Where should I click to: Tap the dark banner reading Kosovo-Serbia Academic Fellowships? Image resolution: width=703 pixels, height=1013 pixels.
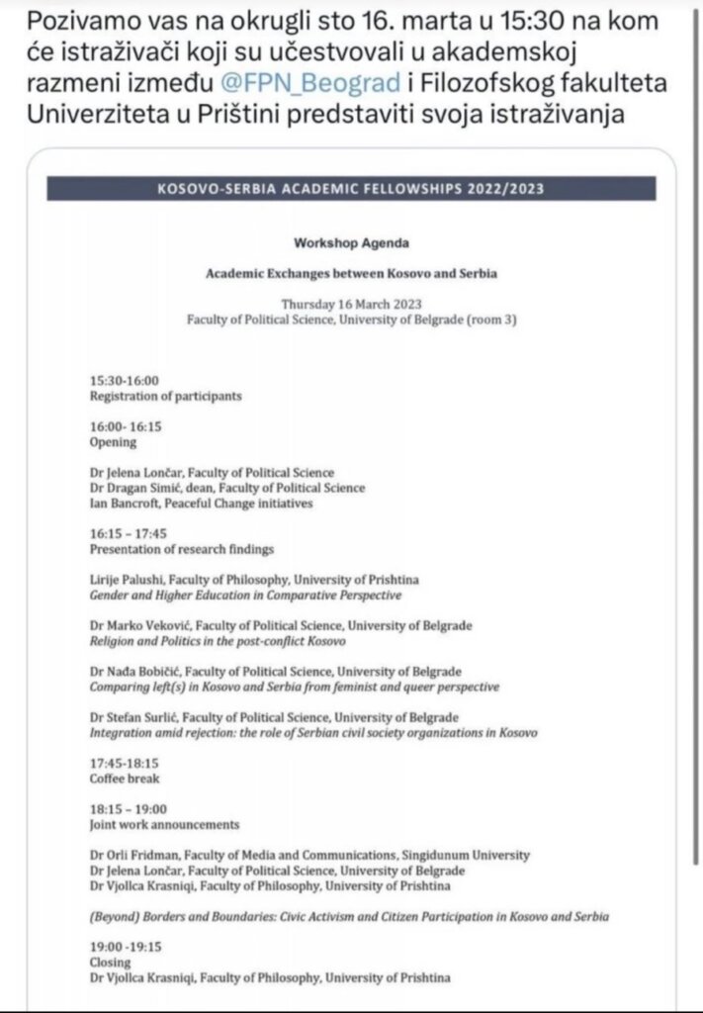pos(351,188)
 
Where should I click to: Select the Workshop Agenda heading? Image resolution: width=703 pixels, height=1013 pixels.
pos(350,242)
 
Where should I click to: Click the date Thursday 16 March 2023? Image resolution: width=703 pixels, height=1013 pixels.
pos(351,306)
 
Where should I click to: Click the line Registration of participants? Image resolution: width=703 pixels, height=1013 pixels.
pos(166,397)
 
